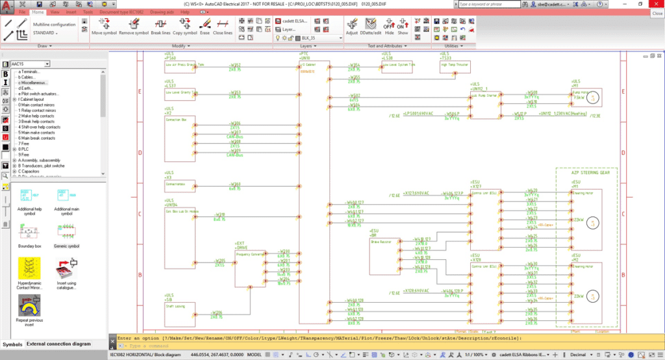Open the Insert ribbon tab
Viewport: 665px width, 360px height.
(x=71, y=12)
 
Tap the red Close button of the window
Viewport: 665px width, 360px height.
(x=657, y=4)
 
